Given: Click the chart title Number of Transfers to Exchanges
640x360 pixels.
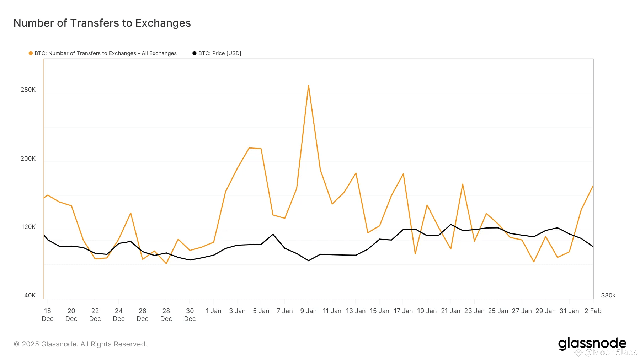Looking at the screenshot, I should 102,23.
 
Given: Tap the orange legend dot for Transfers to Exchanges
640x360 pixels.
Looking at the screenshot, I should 31,53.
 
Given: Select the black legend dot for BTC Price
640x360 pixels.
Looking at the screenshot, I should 194,53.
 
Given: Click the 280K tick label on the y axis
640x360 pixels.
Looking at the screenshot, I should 28,90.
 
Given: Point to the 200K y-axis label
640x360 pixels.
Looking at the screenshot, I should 28,158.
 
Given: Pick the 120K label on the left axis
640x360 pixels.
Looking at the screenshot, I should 28,227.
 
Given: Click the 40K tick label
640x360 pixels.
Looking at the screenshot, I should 30,295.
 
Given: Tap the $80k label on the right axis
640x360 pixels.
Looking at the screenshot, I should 608,295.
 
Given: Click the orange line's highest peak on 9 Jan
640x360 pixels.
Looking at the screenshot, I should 308,85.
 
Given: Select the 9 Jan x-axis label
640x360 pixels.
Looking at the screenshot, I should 308,311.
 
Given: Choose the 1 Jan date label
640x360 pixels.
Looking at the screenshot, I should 213,311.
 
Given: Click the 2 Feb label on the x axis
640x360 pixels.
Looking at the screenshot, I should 593,311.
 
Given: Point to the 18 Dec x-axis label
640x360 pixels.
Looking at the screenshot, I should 48,315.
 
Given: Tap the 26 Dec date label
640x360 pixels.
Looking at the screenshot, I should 143,315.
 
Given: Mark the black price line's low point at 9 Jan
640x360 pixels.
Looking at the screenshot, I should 308,260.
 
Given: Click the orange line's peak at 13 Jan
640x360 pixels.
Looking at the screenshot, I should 356,173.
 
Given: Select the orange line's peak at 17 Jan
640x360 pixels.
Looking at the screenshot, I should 403,174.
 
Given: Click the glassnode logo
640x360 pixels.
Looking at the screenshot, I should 592,343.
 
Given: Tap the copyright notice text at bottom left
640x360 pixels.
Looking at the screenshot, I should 80,344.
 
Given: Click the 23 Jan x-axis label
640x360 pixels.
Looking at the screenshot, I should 474,311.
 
